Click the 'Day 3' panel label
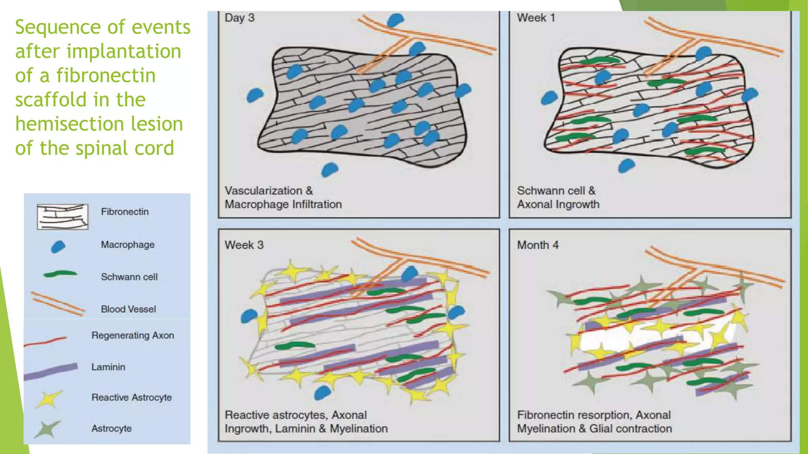coord(239,18)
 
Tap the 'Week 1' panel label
coord(536,18)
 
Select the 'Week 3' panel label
coord(244,245)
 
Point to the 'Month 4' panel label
coord(538,245)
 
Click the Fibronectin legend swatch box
coord(62,216)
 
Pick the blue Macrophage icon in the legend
coord(58,247)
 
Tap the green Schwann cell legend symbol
coord(60,274)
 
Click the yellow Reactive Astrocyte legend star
coord(49,398)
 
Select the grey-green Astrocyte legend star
coord(47,429)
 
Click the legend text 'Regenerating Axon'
coord(133,335)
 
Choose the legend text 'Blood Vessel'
coord(128,309)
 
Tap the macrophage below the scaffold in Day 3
coord(329,169)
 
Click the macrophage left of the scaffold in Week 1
coord(549,97)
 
